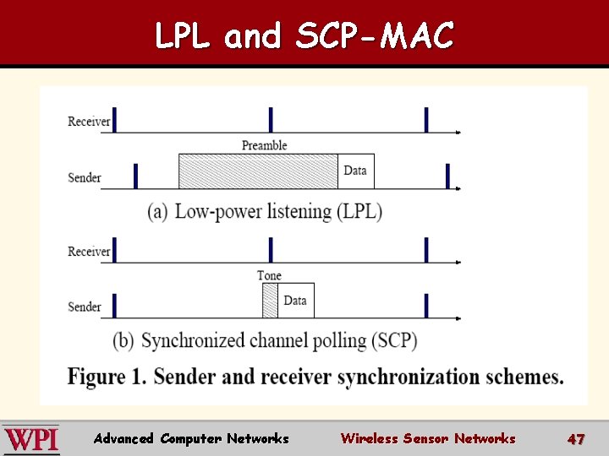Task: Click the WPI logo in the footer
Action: [30, 440]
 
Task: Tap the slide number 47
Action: [576, 439]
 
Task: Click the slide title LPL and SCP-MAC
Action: [304, 35]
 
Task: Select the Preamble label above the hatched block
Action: [264, 145]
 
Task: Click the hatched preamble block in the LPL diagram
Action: [258, 171]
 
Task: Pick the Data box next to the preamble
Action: [355, 171]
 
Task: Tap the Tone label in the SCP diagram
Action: [269, 275]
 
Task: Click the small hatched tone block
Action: [270, 301]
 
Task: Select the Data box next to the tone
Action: [295, 301]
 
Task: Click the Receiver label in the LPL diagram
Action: [89, 122]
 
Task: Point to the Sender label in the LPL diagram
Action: [85, 177]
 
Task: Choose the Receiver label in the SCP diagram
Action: [89, 252]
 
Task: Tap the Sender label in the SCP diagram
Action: [85, 307]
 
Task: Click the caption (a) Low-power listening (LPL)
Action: [265, 211]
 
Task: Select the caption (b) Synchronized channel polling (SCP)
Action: [266, 341]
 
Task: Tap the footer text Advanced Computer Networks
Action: [191, 439]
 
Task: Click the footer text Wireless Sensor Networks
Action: [427, 439]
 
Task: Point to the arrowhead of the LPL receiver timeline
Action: [458, 133]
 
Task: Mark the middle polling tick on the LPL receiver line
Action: [271, 120]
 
